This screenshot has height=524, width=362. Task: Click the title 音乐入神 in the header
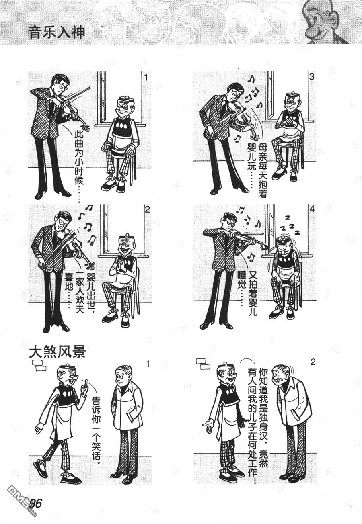(x=57, y=33)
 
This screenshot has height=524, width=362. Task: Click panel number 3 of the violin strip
(x=311, y=77)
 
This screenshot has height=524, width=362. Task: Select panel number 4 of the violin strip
(x=312, y=209)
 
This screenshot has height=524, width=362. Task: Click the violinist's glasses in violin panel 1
(x=64, y=86)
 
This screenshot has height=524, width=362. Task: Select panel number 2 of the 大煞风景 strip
(x=313, y=362)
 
